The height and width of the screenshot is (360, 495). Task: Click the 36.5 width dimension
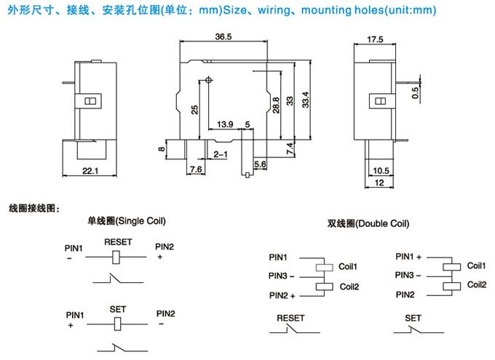pos(223,36)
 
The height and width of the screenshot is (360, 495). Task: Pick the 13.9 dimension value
pos(225,124)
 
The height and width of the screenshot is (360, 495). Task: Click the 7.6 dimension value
pos(196,169)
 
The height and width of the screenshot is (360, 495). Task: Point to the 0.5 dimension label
pos(415,93)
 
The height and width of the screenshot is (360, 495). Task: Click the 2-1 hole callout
pos(220,153)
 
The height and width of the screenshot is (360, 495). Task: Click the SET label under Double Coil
pos(413,318)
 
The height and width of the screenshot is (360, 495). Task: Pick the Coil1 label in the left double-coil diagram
pos(348,266)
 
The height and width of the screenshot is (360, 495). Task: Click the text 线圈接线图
pos(32,207)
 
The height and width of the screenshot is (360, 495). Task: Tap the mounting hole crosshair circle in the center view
pos(209,79)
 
